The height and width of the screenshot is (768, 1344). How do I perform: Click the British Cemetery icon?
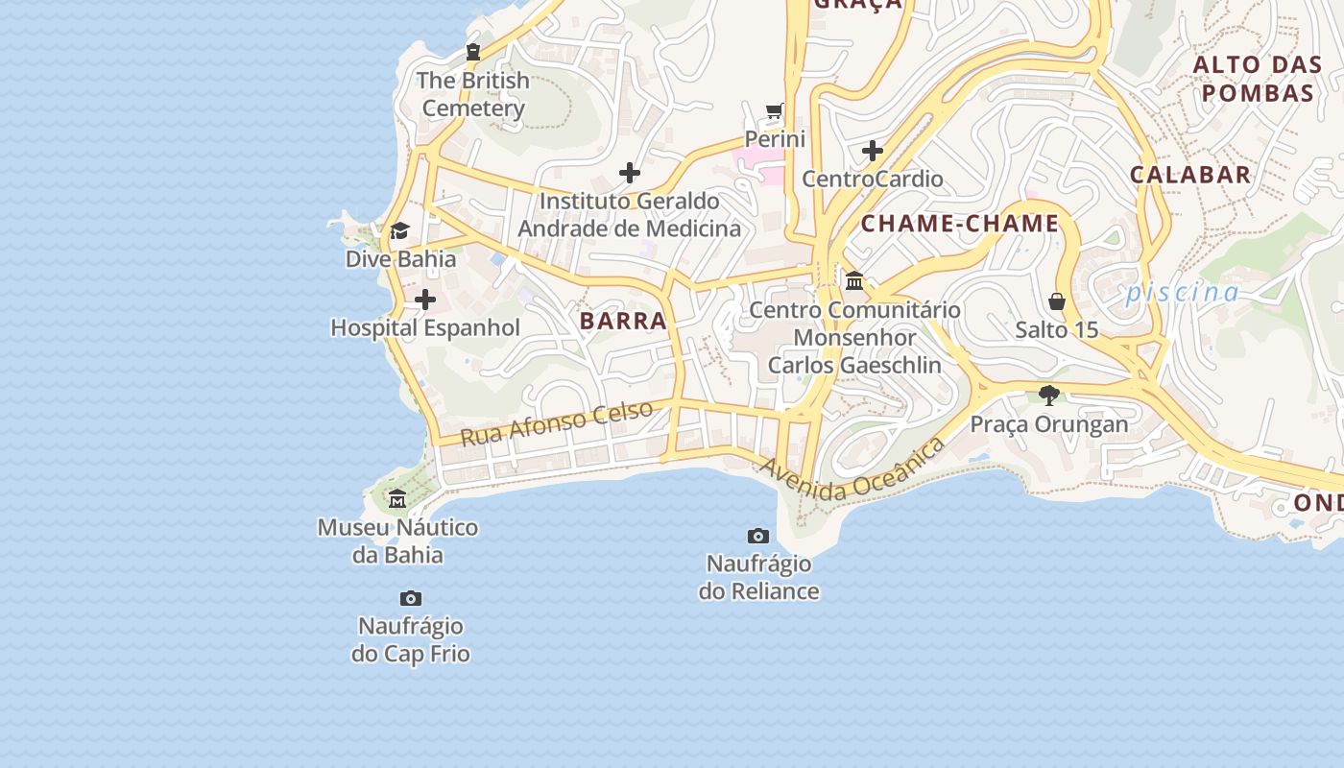click(472, 52)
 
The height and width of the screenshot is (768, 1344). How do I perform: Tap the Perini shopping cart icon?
click(775, 111)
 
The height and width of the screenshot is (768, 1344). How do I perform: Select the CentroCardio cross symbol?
click(872, 151)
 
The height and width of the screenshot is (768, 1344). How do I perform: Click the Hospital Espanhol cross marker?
click(424, 300)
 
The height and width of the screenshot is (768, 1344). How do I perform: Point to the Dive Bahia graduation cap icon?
click(399, 230)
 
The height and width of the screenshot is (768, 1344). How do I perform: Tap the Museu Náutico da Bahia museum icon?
click(397, 499)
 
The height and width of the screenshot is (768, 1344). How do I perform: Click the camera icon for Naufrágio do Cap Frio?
click(411, 598)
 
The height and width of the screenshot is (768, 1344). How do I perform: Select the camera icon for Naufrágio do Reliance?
click(758, 536)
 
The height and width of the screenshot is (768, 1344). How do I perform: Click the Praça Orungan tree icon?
click(1049, 395)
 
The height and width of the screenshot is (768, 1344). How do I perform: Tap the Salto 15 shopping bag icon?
click(1057, 301)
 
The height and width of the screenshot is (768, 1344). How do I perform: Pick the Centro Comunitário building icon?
click(854, 281)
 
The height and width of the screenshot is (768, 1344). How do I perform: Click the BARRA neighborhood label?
click(623, 322)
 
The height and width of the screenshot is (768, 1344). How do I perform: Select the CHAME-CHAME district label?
click(959, 225)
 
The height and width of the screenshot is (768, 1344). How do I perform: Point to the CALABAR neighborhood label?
click(1190, 175)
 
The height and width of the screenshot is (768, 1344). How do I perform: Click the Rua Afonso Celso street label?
click(557, 423)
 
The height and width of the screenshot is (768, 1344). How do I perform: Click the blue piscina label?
click(1183, 293)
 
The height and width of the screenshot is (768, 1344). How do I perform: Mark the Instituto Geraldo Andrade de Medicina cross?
click(630, 173)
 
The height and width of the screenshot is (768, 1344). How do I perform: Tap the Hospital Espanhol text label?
click(425, 328)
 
